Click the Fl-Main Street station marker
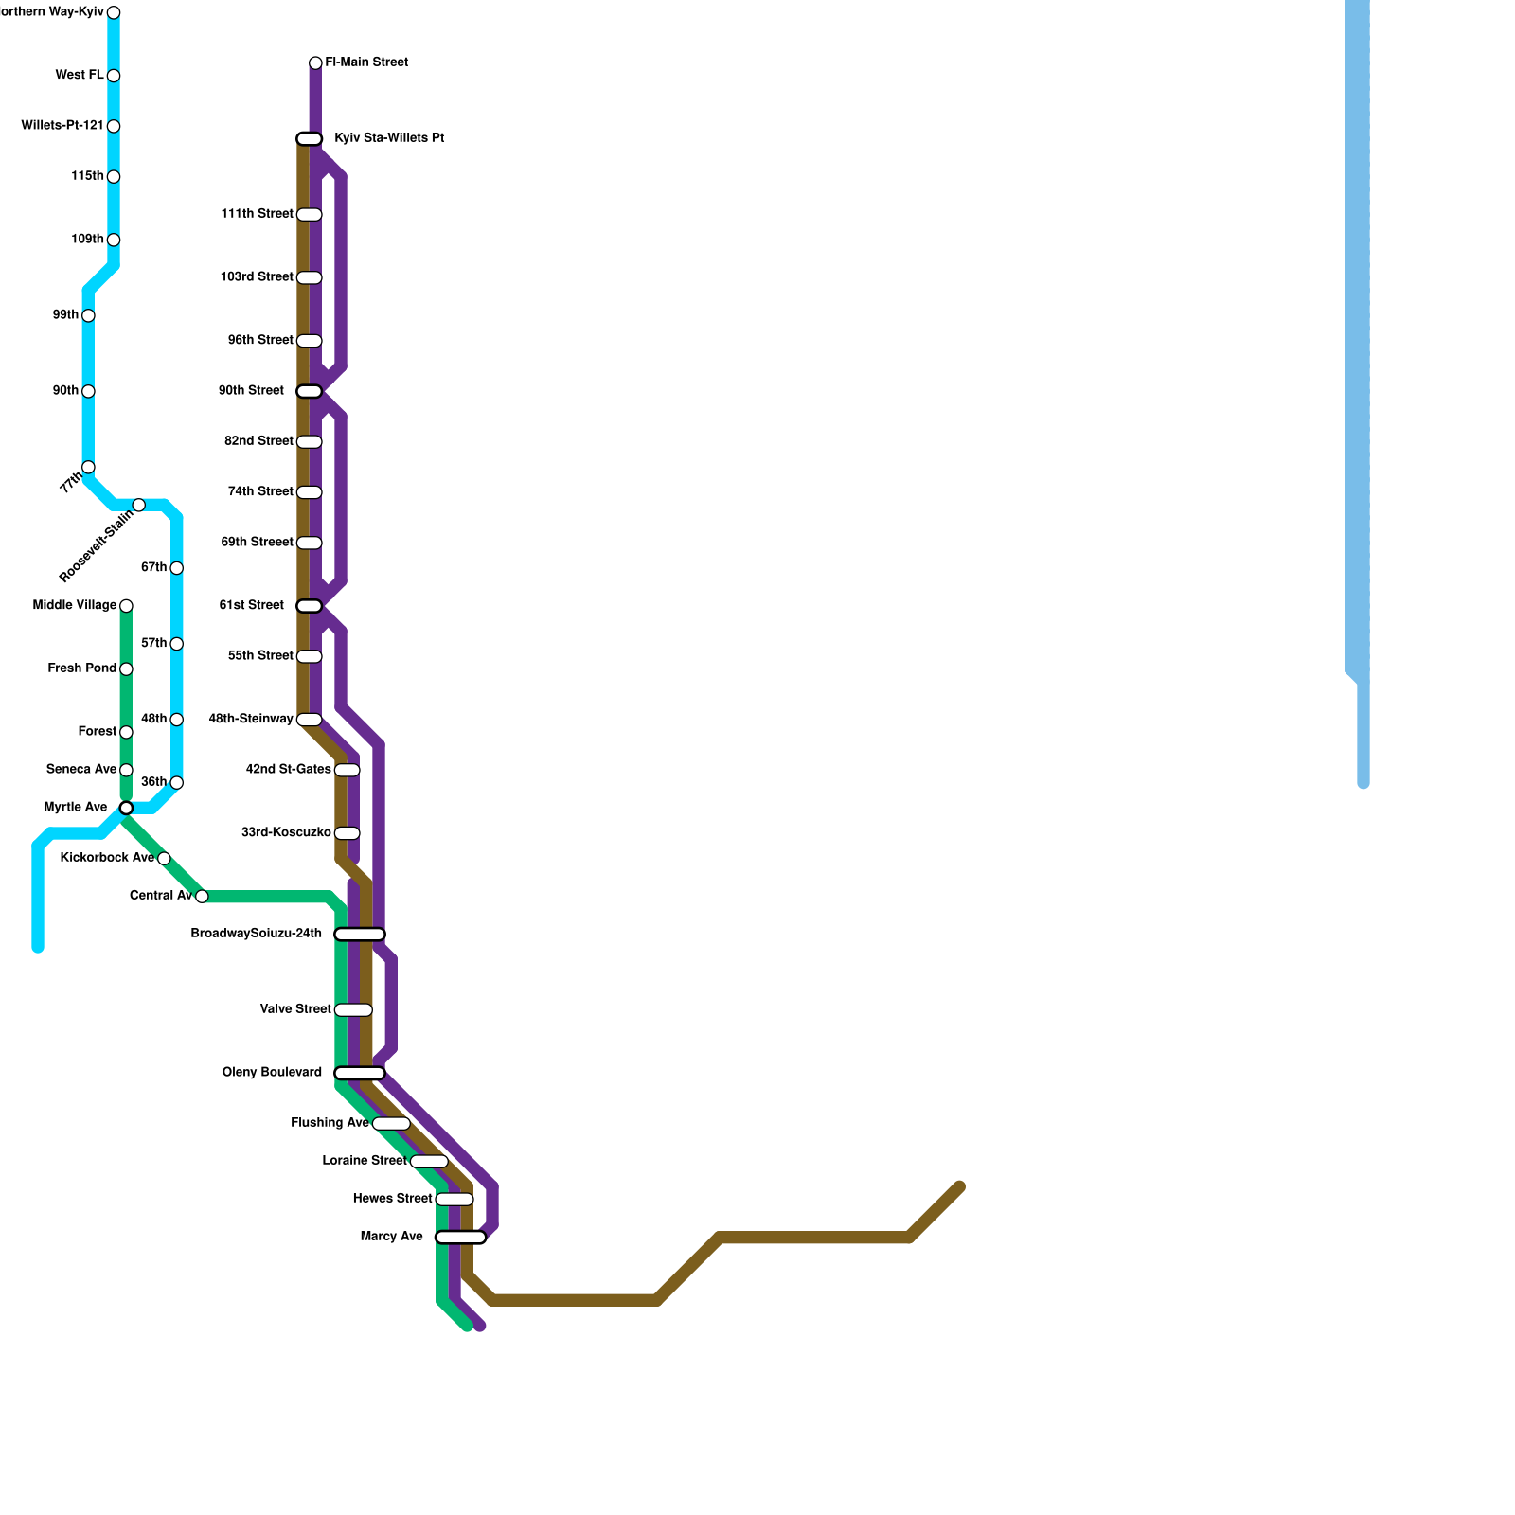[315, 63]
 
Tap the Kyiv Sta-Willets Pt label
[389, 138]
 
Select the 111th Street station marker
[310, 215]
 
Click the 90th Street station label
[251, 391]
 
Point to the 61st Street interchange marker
[310, 606]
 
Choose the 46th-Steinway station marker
[310, 720]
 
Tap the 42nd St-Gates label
[288, 770]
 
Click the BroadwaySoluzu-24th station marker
[360, 935]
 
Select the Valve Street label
[295, 1009]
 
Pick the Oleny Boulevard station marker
[360, 1073]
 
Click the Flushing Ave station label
[330, 1123]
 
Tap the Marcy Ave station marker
[460, 1237]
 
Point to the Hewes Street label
[392, 1199]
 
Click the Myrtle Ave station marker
[126, 808]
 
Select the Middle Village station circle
[126, 606]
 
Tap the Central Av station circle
[202, 897]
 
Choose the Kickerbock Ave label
[106, 858]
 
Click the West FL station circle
[114, 76]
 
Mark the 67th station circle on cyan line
[176, 568]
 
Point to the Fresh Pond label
[81, 668]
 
